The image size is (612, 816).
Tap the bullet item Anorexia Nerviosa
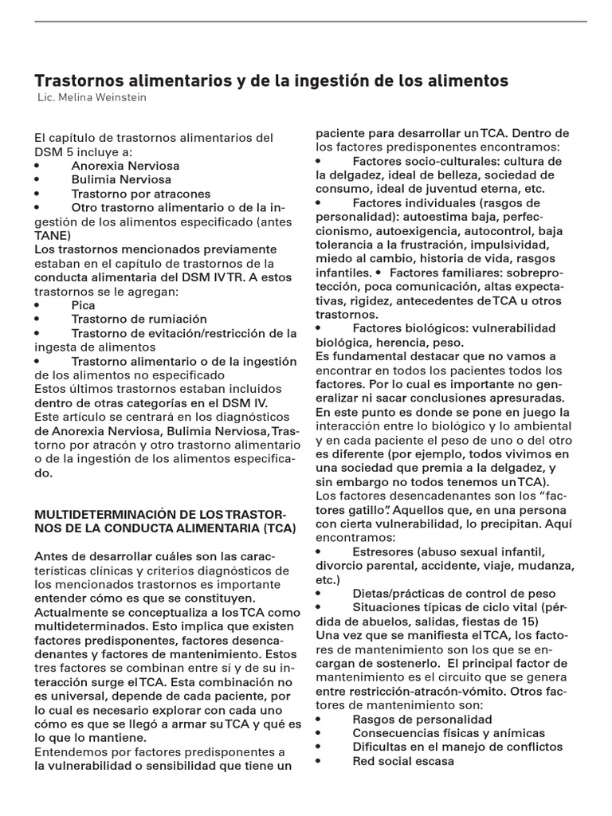click(x=125, y=166)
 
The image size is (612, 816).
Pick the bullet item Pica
click(x=83, y=304)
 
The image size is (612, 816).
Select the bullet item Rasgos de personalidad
click(x=417, y=719)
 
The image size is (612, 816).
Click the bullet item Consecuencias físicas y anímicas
click(x=448, y=732)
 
